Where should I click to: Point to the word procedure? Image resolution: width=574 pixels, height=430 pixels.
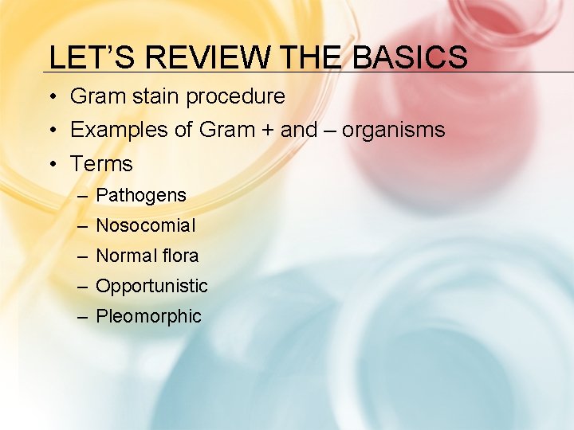pos(235,97)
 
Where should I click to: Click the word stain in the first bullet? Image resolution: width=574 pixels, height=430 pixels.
pos(155,97)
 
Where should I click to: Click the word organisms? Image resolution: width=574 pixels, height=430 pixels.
pos(393,131)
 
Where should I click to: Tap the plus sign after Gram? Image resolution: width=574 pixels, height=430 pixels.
pos(265,131)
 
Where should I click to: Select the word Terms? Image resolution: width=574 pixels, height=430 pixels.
pos(101,164)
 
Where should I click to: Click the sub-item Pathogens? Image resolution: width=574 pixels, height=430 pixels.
pos(141,196)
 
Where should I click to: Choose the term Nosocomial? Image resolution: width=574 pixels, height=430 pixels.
pos(145,226)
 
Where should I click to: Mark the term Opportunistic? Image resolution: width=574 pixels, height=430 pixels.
pos(151,287)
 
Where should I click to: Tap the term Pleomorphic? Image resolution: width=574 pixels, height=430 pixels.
pos(148,317)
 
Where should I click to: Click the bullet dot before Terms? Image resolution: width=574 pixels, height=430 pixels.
pos(51,165)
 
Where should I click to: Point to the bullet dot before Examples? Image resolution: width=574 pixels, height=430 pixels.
pos(51,131)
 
